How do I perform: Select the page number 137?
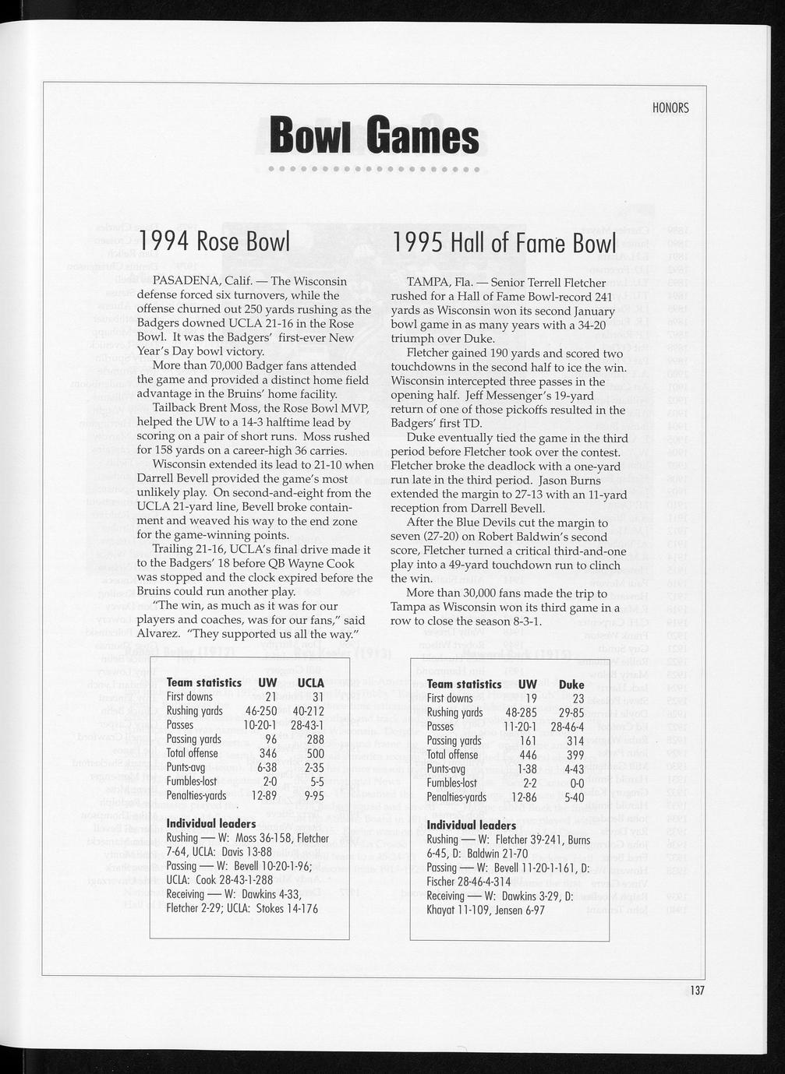pyautogui.click(x=696, y=991)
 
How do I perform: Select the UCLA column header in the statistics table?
pyautogui.click(x=310, y=683)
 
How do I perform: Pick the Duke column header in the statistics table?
pyautogui.click(x=571, y=685)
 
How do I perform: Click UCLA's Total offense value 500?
pyautogui.click(x=315, y=754)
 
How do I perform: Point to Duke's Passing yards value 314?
pyautogui.click(x=575, y=741)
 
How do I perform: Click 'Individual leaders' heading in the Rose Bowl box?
pyautogui.click(x=211, y=824)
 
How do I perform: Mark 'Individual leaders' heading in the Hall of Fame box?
pyautogui.click(x=472, y=825)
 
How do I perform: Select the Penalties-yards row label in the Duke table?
pyautogui.click(x=457, y=797)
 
